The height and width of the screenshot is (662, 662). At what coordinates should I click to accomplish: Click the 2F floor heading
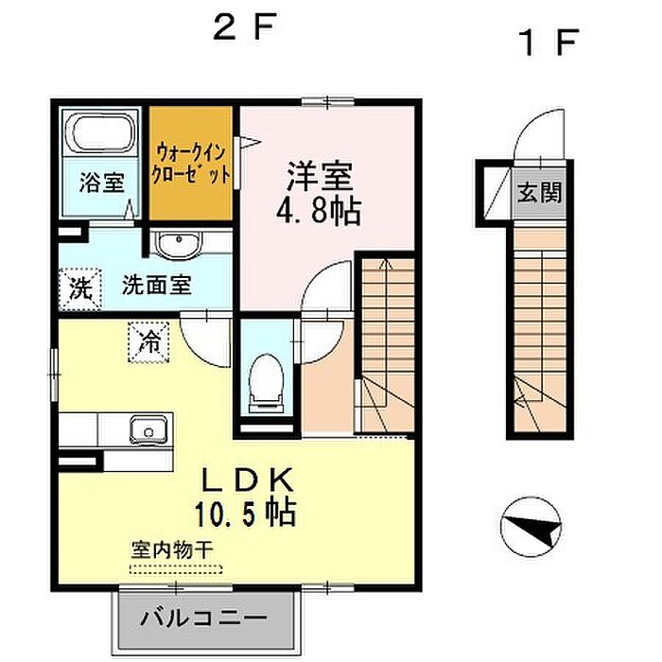(x=245, y=26)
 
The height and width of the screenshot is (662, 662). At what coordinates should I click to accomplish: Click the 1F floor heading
(x=549, y=42)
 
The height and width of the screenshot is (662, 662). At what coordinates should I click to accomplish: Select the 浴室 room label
(x=102, y=183)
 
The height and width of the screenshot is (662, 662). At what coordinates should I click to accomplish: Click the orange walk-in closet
(x=191, y=163)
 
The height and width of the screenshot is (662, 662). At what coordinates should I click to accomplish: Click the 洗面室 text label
(x=157, y=285)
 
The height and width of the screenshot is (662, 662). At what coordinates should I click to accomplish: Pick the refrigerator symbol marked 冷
(x=149, y=342)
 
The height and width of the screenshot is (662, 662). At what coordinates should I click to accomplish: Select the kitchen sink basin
(x=148, y=430)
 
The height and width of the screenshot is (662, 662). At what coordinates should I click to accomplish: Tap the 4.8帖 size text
(x=319, y=212)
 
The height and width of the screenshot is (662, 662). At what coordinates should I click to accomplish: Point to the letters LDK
(x=248, y=481)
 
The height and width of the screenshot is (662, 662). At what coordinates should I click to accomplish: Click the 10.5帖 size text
(x=245, y=514)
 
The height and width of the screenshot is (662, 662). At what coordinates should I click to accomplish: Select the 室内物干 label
(x=172, y=549)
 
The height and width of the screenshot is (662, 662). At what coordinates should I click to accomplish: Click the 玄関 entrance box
(x=540, y=192)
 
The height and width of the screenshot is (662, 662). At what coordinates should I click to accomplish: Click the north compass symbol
(x=531, y=527)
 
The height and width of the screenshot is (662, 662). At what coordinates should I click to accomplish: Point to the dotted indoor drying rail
(x=176, y=569)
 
